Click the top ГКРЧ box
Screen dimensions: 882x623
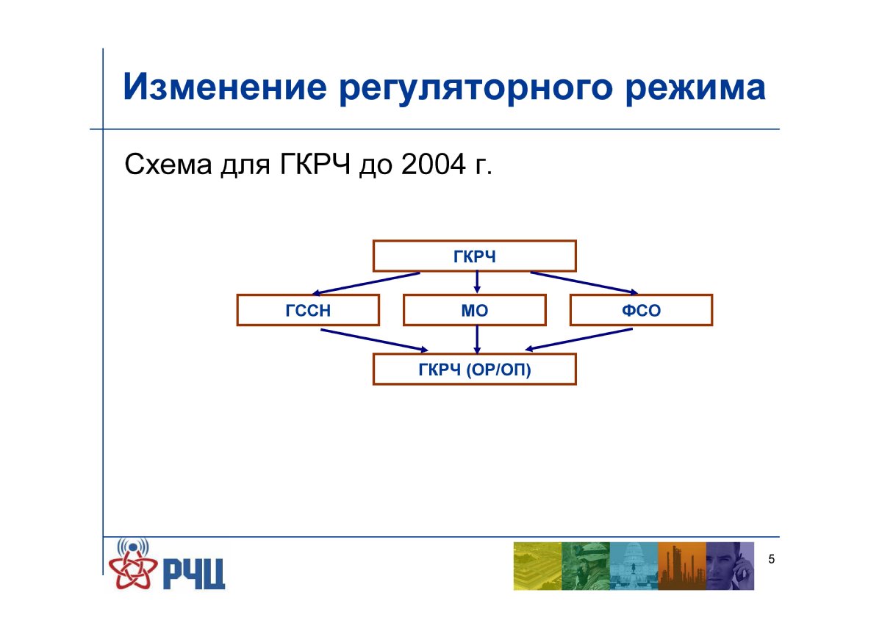tap(475, 256)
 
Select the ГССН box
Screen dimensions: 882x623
tap(308, 310)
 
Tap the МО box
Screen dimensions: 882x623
tap(475, 310)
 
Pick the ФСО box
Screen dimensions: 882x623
tap(641, 310)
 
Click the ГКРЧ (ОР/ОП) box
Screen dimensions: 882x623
tap(475, 369)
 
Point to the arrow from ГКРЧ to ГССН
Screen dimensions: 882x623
tap(366, 284)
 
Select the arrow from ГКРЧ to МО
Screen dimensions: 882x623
tap(477, 282)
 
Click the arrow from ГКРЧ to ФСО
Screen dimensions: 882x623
tap(584, 283)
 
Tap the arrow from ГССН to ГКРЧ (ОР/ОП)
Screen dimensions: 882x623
tap(374, 340)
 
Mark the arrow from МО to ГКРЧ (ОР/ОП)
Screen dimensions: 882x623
tap(477, 339)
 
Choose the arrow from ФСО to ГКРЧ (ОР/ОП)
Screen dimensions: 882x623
tap(579, 339)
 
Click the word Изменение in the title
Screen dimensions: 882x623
tap(225, 87)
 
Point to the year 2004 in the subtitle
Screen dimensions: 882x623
tap(434, 164)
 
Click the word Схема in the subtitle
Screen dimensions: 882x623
tap(168, 164)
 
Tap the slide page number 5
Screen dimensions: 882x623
tap(771, 559)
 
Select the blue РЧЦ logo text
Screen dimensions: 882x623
tap(194, 575)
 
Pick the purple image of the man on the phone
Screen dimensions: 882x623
tap(730, 566)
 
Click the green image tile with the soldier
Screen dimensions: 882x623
tap(586, 566)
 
